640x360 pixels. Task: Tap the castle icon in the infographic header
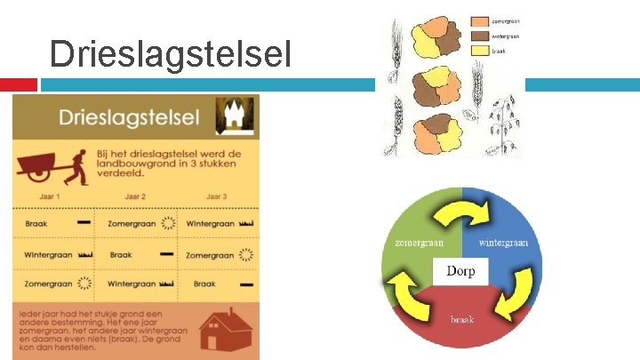(236, 116)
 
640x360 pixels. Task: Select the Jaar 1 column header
(51, 196)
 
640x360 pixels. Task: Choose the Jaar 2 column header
(135, 196)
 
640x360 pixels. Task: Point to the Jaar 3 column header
(216, 196)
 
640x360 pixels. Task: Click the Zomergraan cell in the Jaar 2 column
(137, 224)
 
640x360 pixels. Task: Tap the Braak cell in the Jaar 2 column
(137, 254)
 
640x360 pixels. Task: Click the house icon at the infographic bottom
(222, 331)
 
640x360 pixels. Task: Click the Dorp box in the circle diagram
(460, 270)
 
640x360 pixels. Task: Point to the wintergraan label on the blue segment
(504, 242)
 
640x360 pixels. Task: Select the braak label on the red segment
(460, 318)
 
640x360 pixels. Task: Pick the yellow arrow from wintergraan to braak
(515, 295)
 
